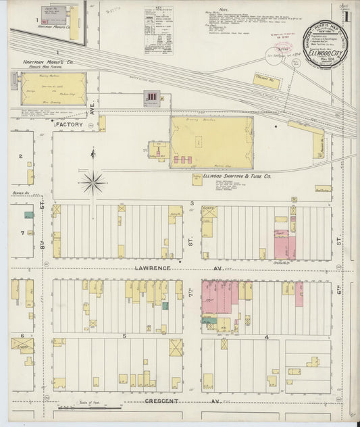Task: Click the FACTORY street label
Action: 70,125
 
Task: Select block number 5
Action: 124,336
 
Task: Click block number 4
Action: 267,336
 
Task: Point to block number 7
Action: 22,233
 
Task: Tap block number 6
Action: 22,335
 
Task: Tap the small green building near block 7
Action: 28,215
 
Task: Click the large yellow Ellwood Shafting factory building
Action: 211,142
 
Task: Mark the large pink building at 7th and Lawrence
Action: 220,298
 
